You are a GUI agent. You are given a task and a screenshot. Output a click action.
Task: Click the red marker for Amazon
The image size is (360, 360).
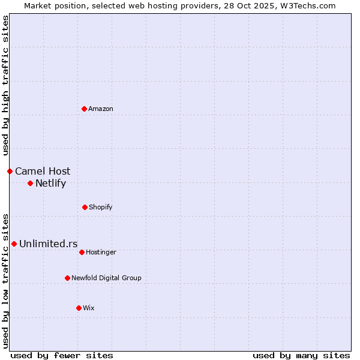click(x=84, y=109)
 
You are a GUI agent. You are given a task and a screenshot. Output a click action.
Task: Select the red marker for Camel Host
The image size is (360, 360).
click(x=10, y=171)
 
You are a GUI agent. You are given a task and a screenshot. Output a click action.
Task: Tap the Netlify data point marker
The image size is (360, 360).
click(x=30, y=183)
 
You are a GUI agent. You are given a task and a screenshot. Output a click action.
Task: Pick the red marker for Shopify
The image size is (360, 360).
click(x=85, y=207)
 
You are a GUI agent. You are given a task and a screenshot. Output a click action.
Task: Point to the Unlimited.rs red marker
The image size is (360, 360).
click(x=14, y=244)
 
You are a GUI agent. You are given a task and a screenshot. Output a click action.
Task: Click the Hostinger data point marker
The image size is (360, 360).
click(x=82, y=252)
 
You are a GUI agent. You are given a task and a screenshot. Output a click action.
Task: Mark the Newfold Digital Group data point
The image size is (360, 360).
click(x=67, y=278)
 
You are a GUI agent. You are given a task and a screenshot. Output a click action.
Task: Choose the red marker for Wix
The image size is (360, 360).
click(x=79, y=308)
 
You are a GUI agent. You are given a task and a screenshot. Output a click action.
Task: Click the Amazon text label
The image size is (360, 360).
click(x=101, y=109)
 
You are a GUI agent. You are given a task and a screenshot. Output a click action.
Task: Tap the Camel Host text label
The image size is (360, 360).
click(x=43, y=171)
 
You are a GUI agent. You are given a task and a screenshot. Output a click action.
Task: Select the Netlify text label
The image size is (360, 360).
click(x=50, y=183)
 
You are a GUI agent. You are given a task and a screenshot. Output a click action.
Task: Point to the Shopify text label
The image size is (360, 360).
click(x=101, y=207)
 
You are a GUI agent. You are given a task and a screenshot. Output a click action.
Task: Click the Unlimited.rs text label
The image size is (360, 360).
click(x=49, y=244)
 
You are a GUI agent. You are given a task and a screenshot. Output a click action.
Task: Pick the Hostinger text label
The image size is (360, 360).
click(x=101, y=252)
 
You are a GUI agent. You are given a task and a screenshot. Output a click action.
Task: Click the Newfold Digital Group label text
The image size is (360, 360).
click(x=106, y=278)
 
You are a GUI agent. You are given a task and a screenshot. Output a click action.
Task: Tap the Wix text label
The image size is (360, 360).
click(x=89, y=308)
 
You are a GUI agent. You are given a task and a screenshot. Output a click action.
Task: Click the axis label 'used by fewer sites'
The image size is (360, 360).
click(x=62, y=355)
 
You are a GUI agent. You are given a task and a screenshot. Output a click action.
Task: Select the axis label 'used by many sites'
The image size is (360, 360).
click(x=301, y=355)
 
